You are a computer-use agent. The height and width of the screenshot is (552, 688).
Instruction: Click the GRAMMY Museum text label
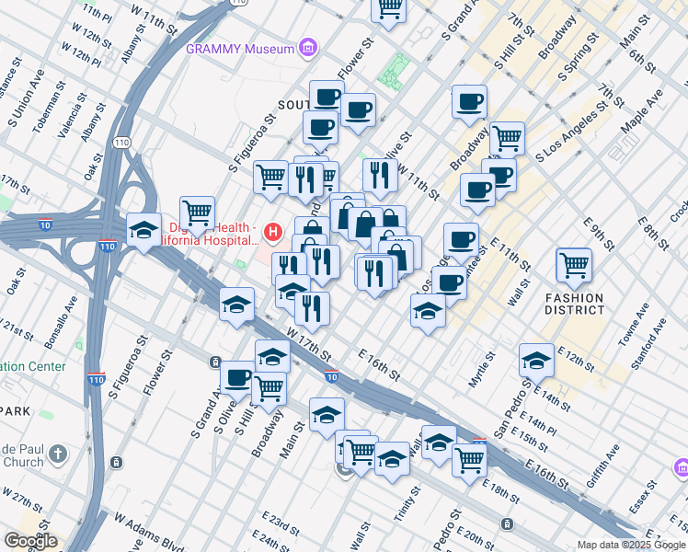click(239, 49)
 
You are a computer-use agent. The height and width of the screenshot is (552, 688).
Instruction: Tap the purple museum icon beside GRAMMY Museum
click(307, 49)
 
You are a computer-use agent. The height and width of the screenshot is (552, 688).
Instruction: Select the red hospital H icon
click(272, 230)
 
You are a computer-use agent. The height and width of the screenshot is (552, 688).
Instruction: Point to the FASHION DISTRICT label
click(574, 304)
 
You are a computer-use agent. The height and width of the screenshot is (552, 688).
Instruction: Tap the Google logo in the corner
click(30, 541)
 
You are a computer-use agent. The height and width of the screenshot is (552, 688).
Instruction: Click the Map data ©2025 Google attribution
click(630, 545)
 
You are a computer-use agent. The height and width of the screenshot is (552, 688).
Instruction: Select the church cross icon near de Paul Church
click(57, 454)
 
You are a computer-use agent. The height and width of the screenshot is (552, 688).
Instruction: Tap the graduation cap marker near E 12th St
click(536, 360)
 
